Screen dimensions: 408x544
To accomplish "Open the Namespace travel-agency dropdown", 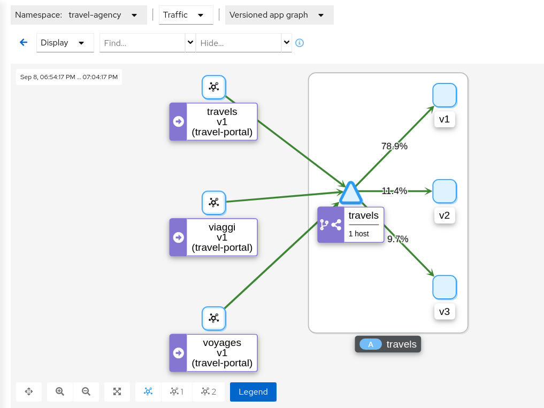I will point(79,15).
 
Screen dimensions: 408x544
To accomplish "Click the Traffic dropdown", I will point(186,15).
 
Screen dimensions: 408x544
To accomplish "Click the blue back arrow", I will point(24,43).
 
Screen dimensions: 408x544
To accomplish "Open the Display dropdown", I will point(65,43).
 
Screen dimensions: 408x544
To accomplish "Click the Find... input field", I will point(142,43).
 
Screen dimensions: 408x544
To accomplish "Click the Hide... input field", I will point(239,43).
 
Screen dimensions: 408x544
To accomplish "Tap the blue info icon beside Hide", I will point(300,43).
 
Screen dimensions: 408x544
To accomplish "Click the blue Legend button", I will point(253,391).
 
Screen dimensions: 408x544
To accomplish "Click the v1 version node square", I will point(444,95).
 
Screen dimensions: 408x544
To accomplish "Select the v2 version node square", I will point(444,191).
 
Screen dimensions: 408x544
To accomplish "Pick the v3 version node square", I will point(444,287).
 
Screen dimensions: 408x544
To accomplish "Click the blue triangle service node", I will point(350,194).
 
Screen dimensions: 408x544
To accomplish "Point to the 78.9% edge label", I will point(394,146).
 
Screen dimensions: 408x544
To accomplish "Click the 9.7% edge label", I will point(397,239).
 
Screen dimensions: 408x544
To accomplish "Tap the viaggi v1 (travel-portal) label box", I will point(213,237).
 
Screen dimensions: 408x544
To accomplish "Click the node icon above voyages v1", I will point(213,318).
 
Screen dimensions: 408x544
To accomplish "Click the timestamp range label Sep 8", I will point(69,77).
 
